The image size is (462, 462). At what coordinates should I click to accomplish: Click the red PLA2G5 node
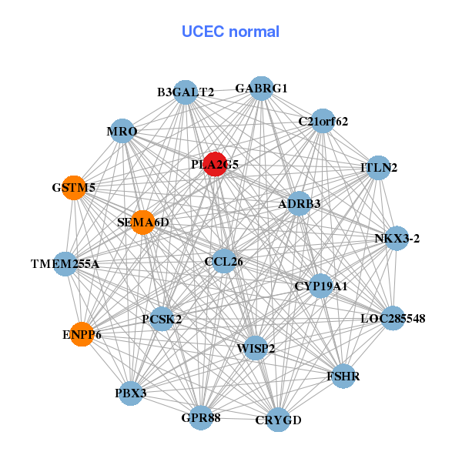pyautogui.click(x=215, y=164)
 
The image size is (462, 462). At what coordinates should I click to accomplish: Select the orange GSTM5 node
pyautogui.click(x=73, y=188)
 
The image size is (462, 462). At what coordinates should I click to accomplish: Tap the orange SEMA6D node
pyautogui.click(x=142, y=223)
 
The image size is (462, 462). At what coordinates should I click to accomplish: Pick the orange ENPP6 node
pyautogui.click(x=82, y=334)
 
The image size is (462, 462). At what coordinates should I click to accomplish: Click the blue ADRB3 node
pyautogui.click(x=299, y=204)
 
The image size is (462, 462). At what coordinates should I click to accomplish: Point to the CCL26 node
pyautogui.click(x=224, y=261)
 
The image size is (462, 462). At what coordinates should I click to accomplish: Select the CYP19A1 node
pyautogui.click(x=320, y=286)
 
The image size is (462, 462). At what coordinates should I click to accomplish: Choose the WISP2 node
pyautogui.click(x=256, y=348)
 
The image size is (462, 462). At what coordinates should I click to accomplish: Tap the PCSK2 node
pyautogui.click(x=162, y=318)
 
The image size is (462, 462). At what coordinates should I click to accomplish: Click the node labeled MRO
pyautogui.click(x=122, y=132)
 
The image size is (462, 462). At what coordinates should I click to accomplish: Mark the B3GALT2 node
pyautogui.click(x=186, y=92)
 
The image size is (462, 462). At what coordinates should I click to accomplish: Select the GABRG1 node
pyautogui.click(x=262, y=89)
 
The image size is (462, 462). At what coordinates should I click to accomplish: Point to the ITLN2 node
pyautogui.click(x=378, y=167)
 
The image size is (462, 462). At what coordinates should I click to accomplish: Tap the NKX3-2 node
pyautogui.click(x=397, y=238)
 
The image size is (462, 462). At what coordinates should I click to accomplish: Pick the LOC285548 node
pyautogui.click(x=393, y=318)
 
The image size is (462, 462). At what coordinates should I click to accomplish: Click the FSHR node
pyautogui.click(x=343, y=377)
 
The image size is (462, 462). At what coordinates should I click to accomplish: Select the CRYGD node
pyautogui.click(x=278, y=420)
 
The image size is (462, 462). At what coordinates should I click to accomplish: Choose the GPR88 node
pyautogui.click(x=200, y=417)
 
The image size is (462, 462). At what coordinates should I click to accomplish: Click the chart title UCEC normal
pyautogui.click(x=230, y=32)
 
